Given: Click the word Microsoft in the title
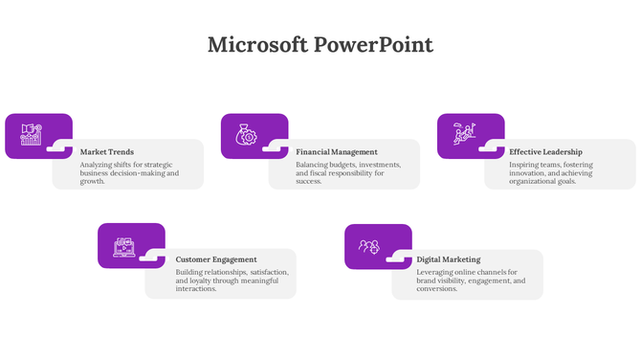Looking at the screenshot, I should [x=256, y=45].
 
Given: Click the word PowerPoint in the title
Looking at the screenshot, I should [x=373, y=45].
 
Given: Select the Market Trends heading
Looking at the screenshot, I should [x=107, y=151].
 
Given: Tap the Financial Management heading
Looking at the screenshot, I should [x=337, y=151].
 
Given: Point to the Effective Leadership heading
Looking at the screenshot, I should [x=545, y=151].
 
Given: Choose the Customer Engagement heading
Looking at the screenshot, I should [x=216, y=259].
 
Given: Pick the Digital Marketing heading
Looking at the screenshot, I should [x=449, y=259].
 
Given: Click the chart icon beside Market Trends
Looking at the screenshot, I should [x=31, y=135].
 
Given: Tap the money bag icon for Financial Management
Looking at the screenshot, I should [x=246, y=135].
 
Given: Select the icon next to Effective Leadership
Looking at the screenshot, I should [x=463, y=134].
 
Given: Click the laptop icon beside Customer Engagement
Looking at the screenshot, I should [x=124, y=246].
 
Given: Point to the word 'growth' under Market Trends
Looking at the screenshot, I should [x=92, y=181].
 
